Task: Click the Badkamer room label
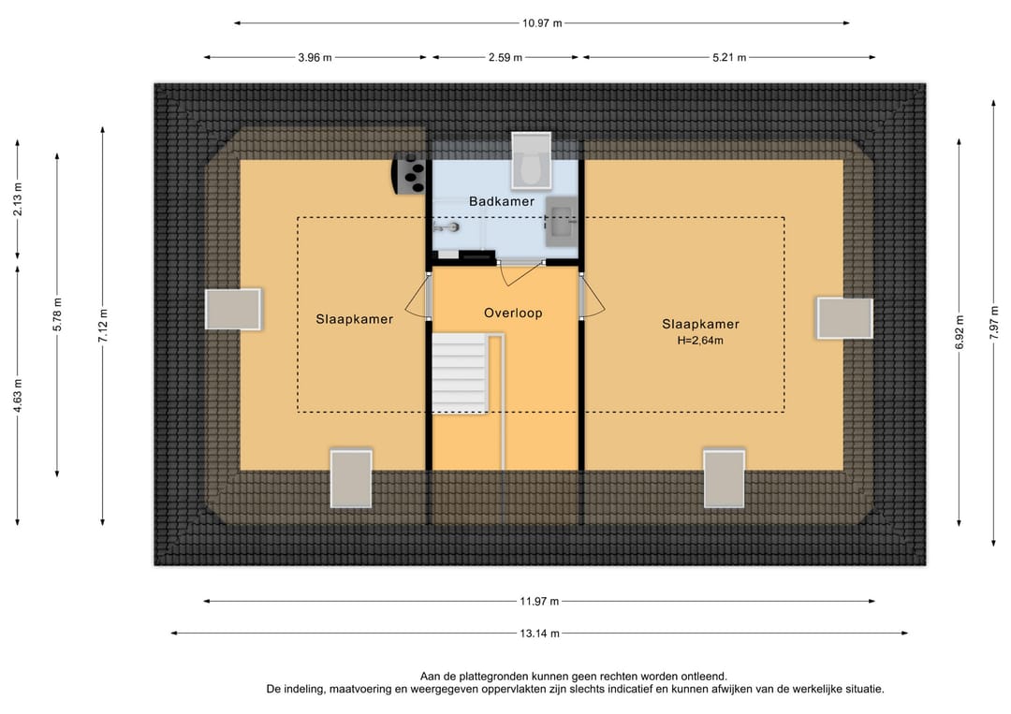[x=502, y=201]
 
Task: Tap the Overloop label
[x=513, y=313]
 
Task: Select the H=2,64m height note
[x=700, y=341]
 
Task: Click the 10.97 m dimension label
[x=542, y=23]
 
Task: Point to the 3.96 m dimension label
[x=315, y=57]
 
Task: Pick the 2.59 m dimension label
[x=505, y=57]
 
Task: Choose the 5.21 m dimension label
[x=729, y=57]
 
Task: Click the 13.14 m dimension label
[x=540, y=634]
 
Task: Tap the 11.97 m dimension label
[x=540, y=601]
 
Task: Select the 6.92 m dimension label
[x=960, y=332]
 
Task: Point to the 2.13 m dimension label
[x=18, y=199]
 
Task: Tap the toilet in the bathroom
[x=532, y=161]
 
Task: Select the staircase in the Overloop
[x=460, y=373]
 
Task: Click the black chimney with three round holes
[x=409, y=175]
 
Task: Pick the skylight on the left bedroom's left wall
[x=233, y=310]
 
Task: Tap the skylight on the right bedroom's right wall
[x=844, y=317]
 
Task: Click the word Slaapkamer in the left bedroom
[x=355, y=319]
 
